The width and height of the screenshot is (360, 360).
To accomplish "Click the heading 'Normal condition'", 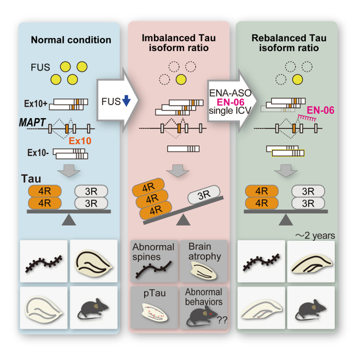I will [70, 40].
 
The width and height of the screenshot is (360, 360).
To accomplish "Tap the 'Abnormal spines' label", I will [153, 251].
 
